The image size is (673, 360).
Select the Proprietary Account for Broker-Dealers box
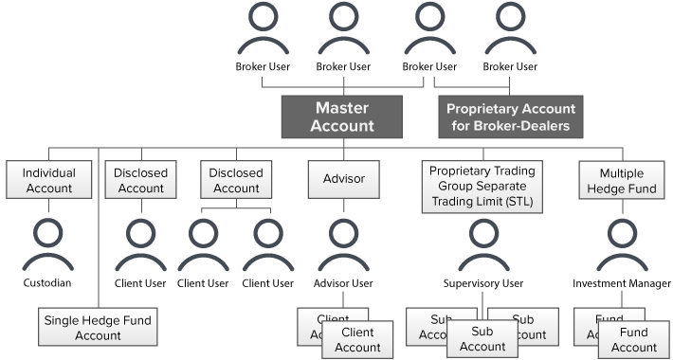tap(511, 117)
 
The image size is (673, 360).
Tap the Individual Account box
tap(48, 180)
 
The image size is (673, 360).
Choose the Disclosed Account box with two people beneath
tap(236, 180)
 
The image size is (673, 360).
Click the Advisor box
tap(343, 179)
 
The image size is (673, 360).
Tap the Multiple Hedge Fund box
tap(621, 180)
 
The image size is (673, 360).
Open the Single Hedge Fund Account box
tap(98, 327)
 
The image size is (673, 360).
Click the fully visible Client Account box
tap(357, 340)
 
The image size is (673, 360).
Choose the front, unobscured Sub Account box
tap(482, 339)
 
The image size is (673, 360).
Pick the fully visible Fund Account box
tap(634, 340)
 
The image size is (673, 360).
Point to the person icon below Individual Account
tap(48, 243)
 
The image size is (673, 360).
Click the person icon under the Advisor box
tap(343, 243)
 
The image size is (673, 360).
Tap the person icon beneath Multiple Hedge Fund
tap(621, 243)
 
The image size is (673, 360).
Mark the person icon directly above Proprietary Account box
tap(509, 31)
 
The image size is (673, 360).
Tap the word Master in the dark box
tap(342, 108)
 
